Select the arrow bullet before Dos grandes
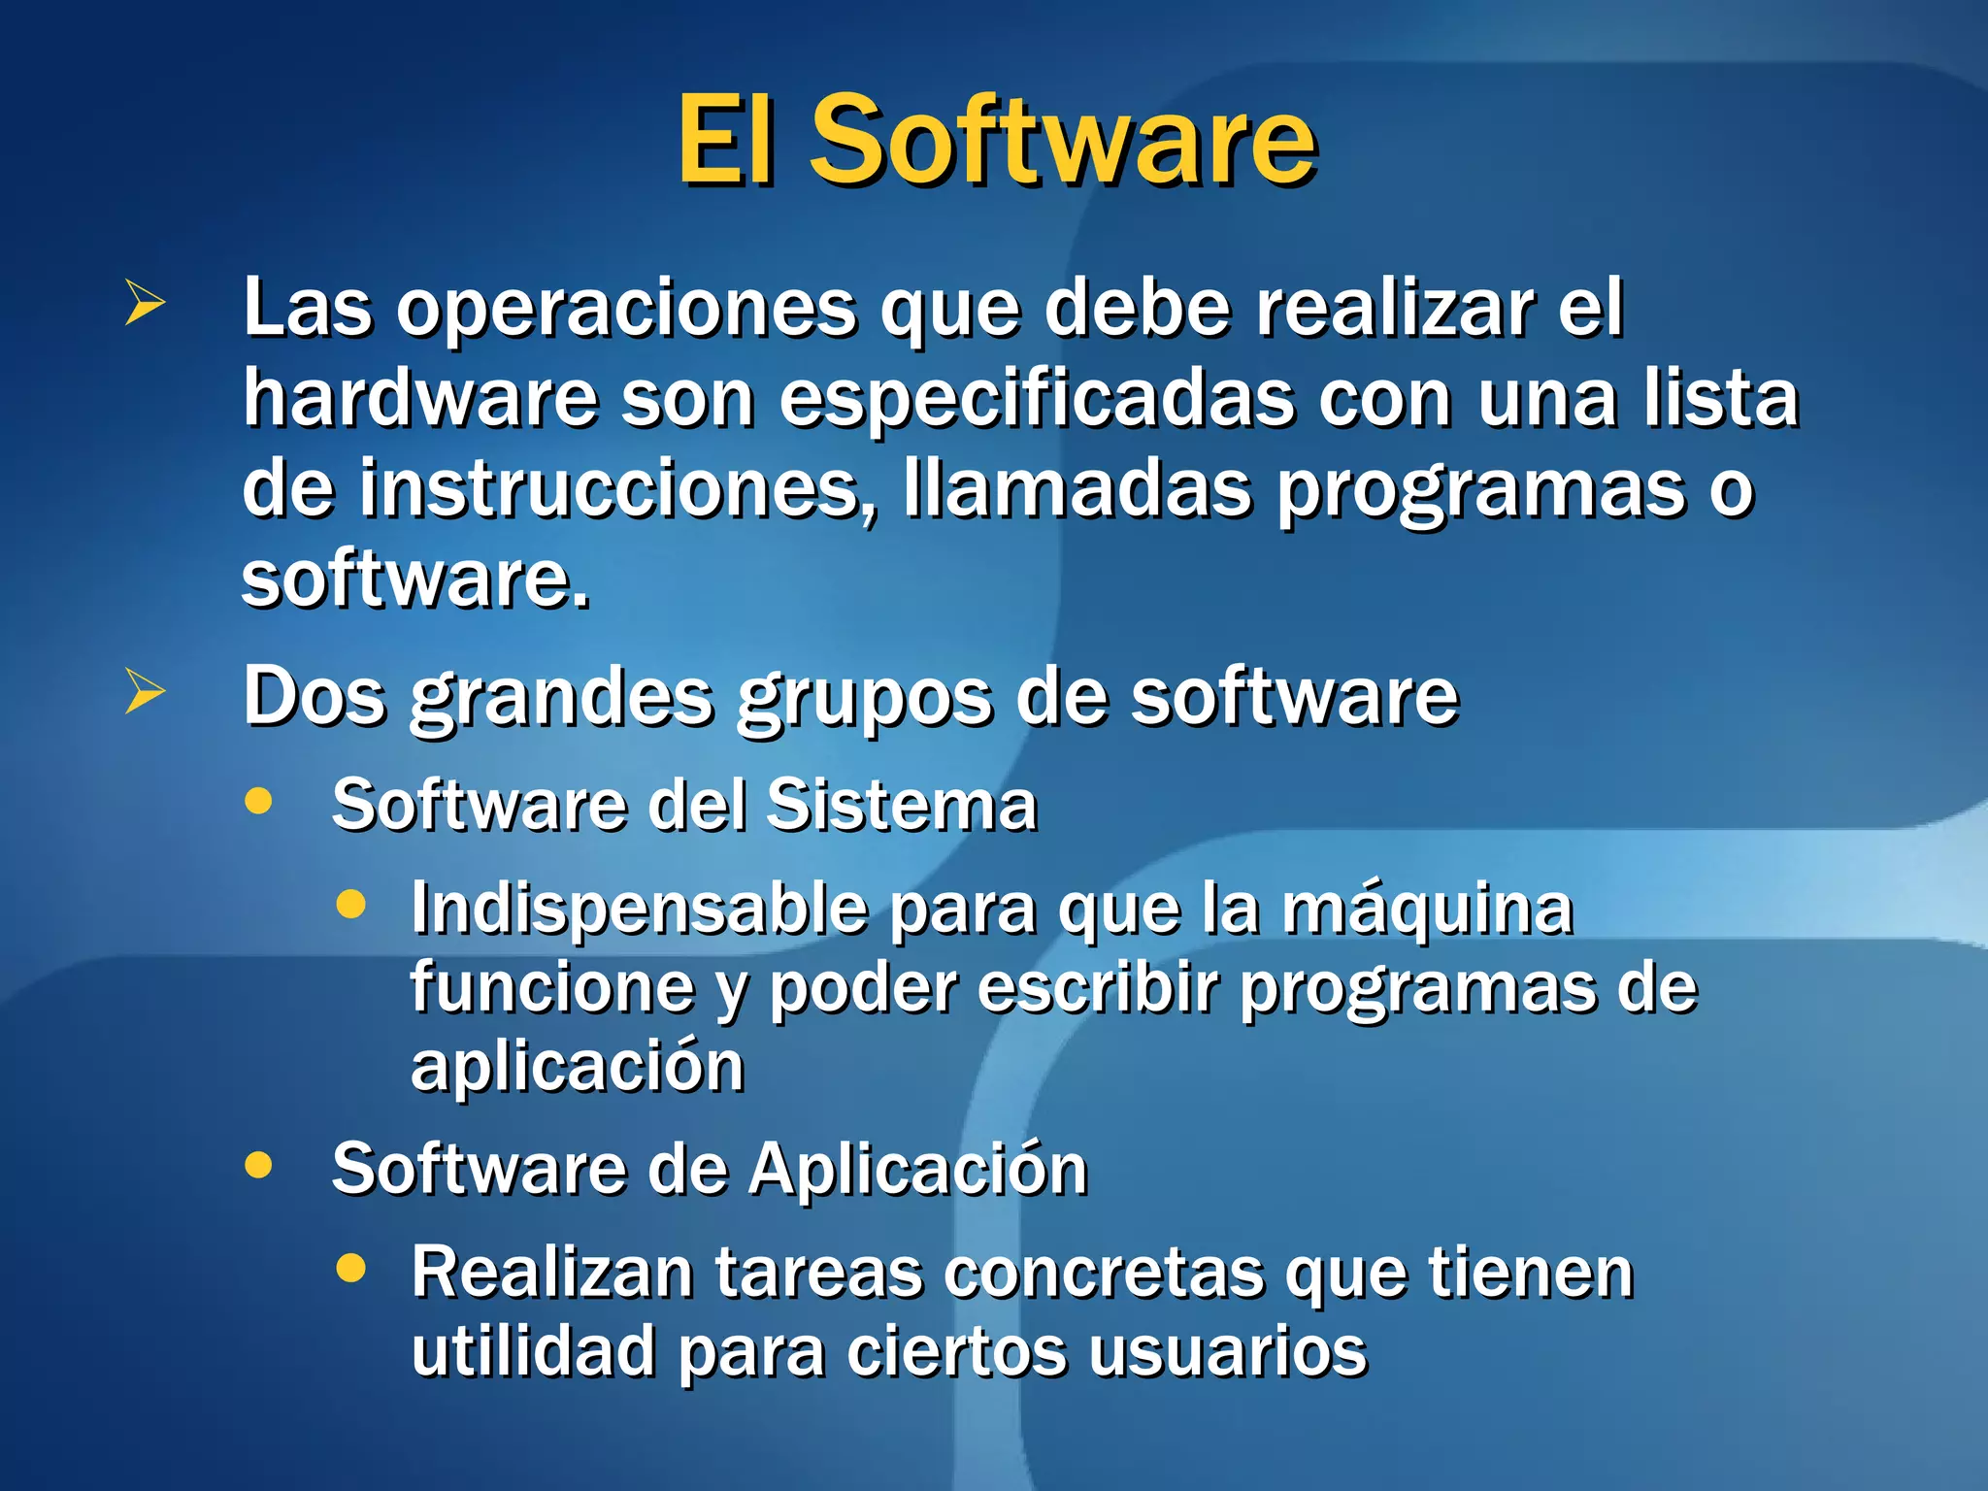[145, 692]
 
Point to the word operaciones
[626, 311]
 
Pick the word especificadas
[1036, 400]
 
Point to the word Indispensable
[639, 911]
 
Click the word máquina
[1426, 911]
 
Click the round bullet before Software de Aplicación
[258, 1164]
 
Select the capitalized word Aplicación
[917, 1169]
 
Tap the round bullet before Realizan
[350, 1267]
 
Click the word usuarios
[1227, 1351]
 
